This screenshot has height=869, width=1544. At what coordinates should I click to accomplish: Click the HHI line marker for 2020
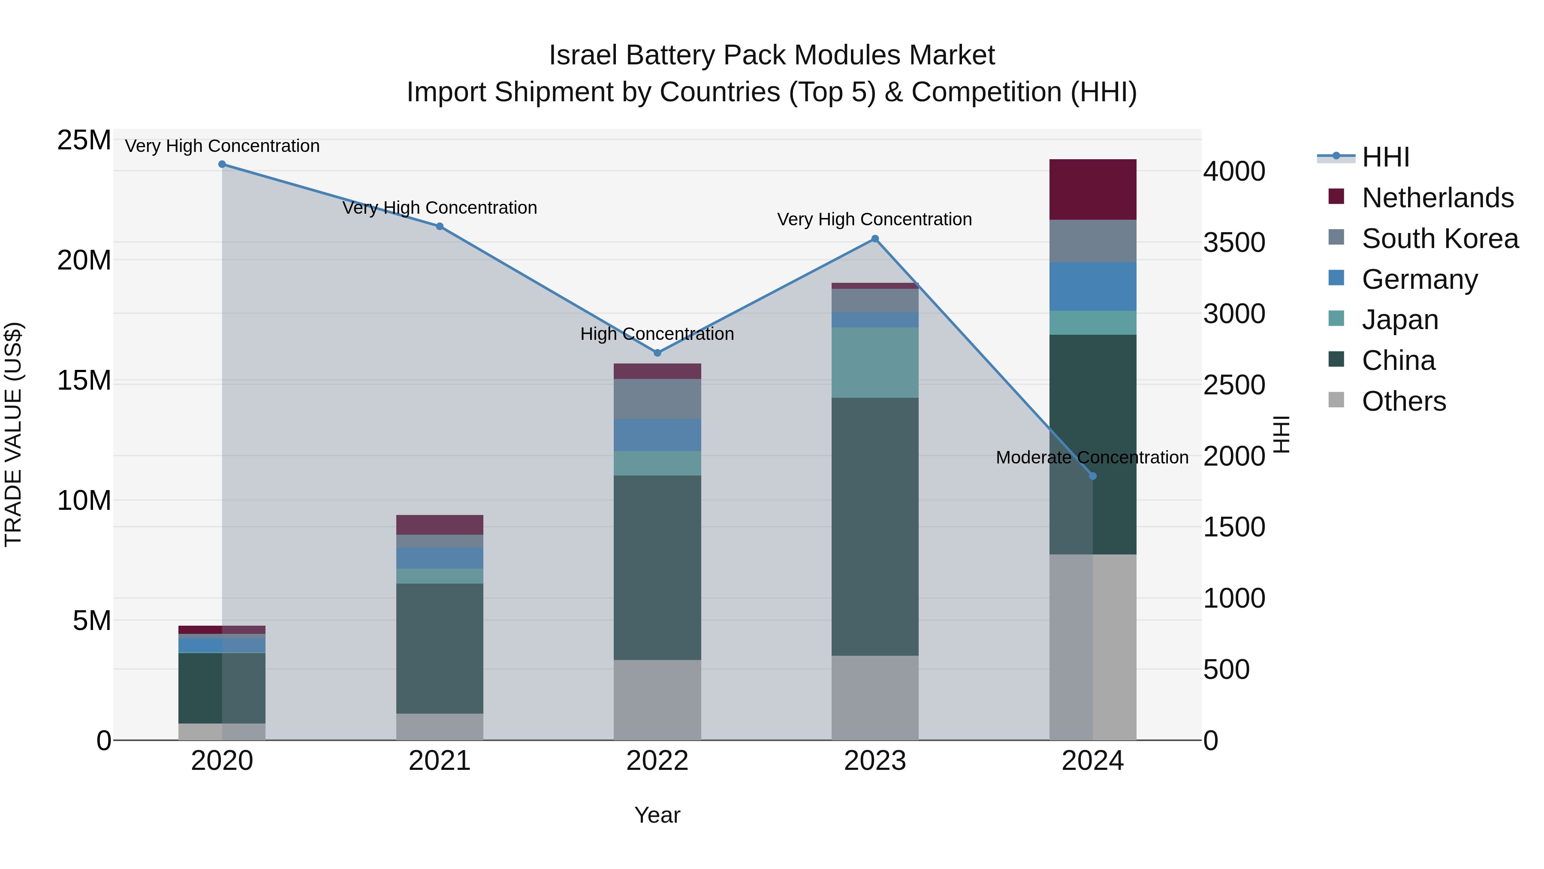tap(222, 164)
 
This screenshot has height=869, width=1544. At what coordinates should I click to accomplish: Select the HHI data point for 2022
tap(657, 353)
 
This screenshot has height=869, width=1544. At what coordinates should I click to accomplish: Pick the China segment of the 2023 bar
tap(875, 526)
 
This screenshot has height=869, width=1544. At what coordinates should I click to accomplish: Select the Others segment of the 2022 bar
tap(657, 699)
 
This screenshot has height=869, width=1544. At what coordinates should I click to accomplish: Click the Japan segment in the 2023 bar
tap(875, 362)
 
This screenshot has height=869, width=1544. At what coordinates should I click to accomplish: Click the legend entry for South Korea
tap(1440, 239)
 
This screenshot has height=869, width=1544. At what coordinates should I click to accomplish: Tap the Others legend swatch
tap(1336, 400)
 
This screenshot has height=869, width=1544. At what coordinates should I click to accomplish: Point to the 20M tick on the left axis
tap(84, 260)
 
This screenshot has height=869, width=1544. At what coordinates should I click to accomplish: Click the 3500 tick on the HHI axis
tap(1234, 242)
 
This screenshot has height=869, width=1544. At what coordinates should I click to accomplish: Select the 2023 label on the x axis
tap(875, 761)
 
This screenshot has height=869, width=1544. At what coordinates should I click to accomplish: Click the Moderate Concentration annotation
tap(1092, 457)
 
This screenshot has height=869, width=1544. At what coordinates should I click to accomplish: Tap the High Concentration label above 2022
tap(657, 333)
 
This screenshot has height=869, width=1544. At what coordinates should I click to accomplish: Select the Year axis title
tap(657, 815)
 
